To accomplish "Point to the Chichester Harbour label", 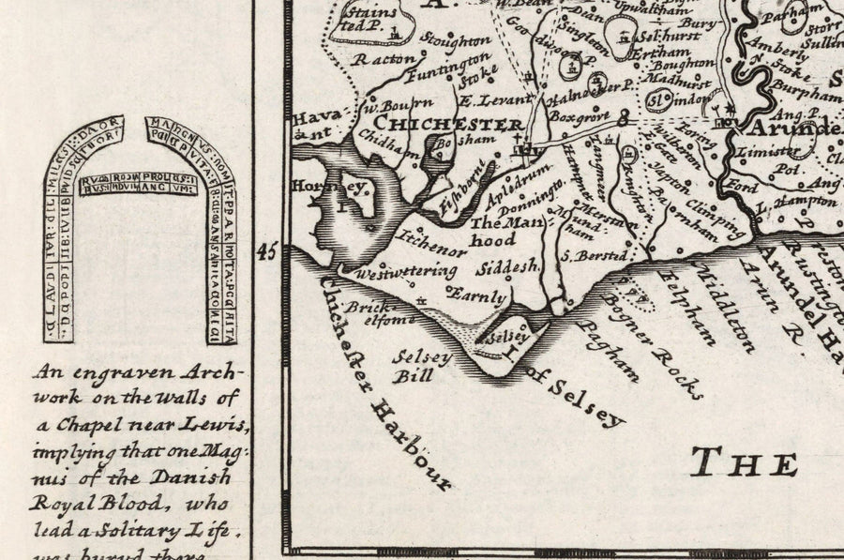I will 384,381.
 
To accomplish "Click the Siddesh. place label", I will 507,267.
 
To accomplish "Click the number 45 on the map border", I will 267,251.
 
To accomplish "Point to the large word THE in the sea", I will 745,462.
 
